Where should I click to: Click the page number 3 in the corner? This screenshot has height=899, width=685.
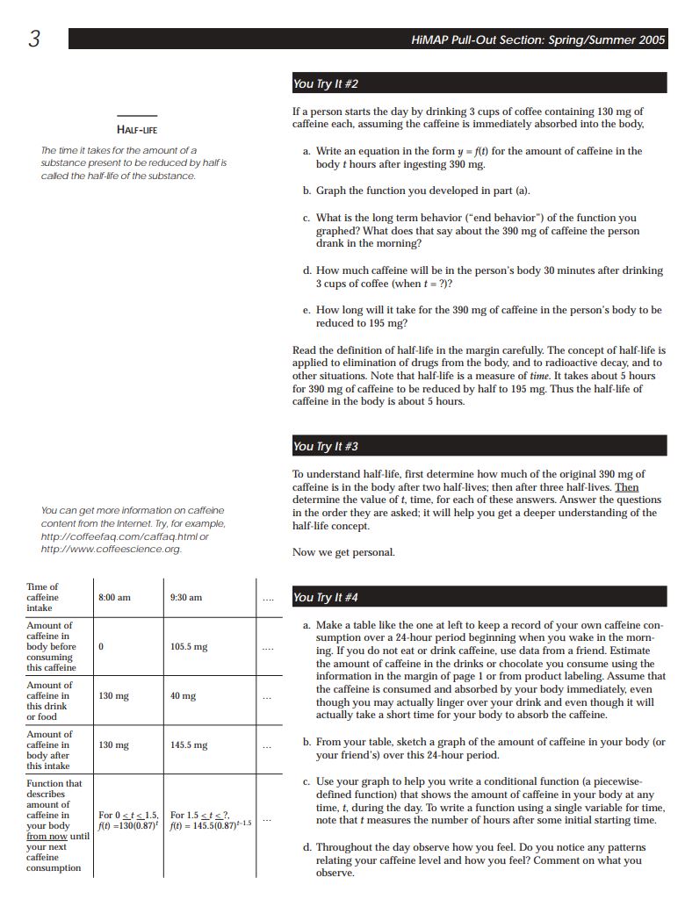34,40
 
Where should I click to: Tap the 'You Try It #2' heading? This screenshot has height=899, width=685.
326,84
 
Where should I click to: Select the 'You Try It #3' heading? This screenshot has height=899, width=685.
326,447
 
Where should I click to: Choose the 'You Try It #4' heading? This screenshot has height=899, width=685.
326,598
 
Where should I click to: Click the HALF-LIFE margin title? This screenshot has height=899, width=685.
137,129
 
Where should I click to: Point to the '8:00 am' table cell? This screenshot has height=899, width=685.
114,598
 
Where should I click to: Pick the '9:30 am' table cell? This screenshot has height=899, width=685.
186,598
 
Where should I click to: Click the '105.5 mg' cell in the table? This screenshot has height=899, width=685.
189,647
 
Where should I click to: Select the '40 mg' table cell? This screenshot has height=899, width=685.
183,696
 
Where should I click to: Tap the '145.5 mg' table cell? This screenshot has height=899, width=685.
189,745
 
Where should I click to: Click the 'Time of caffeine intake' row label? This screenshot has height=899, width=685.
43,597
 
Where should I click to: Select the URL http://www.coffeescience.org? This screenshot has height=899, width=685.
111,550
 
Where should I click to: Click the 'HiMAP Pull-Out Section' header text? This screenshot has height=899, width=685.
537,40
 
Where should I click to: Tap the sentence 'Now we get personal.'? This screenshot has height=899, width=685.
343,552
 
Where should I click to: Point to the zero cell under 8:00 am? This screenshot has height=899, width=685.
101,647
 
